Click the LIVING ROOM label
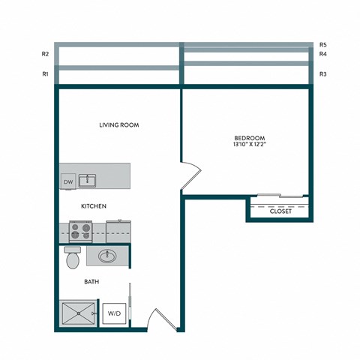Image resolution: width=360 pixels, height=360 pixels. [119, 124]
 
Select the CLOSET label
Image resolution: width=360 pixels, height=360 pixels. [280, 211]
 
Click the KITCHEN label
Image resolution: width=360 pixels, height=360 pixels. [94, 205]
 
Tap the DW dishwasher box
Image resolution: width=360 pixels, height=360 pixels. [67, 181]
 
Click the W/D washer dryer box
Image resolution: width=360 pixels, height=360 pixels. [114, 313]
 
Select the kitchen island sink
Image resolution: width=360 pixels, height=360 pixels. [88, 179]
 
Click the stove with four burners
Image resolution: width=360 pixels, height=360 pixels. [80, 230]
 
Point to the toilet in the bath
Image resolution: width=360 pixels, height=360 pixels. [73, 257]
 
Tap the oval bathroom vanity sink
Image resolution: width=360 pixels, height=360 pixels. [106, 256]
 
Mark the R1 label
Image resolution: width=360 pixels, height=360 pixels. [46, 74]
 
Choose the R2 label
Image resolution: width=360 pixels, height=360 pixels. [46, 54]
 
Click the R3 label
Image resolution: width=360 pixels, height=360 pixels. [322, 74]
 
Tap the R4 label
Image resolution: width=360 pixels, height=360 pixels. [322, 54]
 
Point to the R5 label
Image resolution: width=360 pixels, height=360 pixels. [322, 44]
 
